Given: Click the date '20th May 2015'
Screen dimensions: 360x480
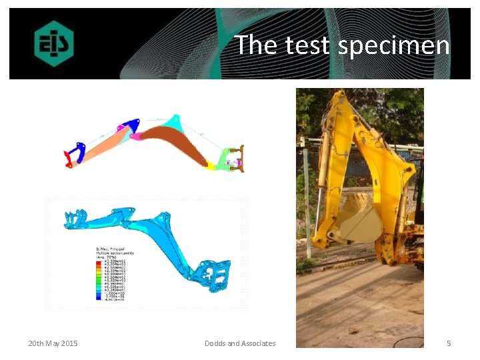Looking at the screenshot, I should point(53,343).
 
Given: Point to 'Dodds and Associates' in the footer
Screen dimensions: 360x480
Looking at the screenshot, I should point(240,343).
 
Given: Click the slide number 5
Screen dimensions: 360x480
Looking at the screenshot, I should point(449,343).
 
